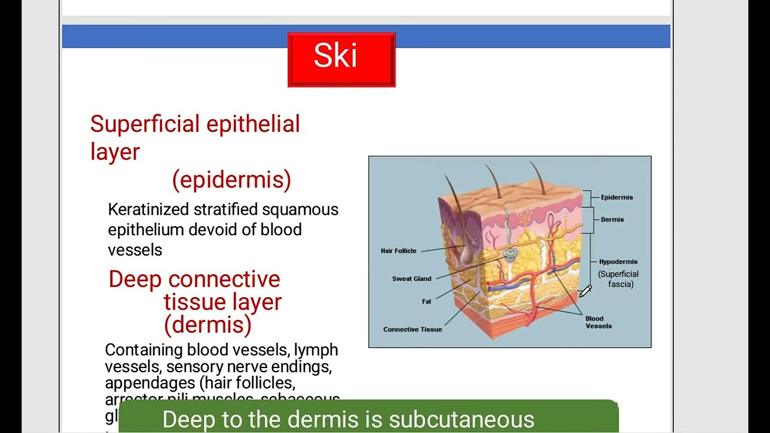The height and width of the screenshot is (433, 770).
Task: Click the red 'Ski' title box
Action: click(341, 60)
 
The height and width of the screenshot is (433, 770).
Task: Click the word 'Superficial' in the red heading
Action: click(145, 124)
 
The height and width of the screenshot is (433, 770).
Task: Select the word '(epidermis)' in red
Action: click(232, 180)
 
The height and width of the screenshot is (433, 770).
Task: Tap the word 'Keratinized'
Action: click(147, 210)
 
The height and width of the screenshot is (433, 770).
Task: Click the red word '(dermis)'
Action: click(208, 325)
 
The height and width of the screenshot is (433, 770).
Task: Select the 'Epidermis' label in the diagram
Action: click(617, 197)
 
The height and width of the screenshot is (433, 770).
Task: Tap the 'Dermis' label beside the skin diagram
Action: click(612, 220)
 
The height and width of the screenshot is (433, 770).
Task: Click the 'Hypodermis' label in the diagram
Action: click(618, 262)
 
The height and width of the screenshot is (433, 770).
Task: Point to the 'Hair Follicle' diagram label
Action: click(398, 251)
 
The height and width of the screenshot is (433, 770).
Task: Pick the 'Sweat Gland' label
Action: click(411, 279)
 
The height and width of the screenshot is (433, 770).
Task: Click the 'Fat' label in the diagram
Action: click(427, 301)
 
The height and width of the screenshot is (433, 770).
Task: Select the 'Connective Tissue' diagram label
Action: click(413, 330)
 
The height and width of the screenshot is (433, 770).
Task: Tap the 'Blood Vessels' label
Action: click(598, 322)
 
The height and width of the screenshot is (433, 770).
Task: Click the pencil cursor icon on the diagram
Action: click(585, 292)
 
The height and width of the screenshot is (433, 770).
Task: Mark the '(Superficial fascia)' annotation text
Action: click(618, 279)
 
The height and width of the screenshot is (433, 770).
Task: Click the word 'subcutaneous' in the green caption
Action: click(461, 419)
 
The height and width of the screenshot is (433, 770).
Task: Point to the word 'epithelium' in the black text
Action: click(146, 230)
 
